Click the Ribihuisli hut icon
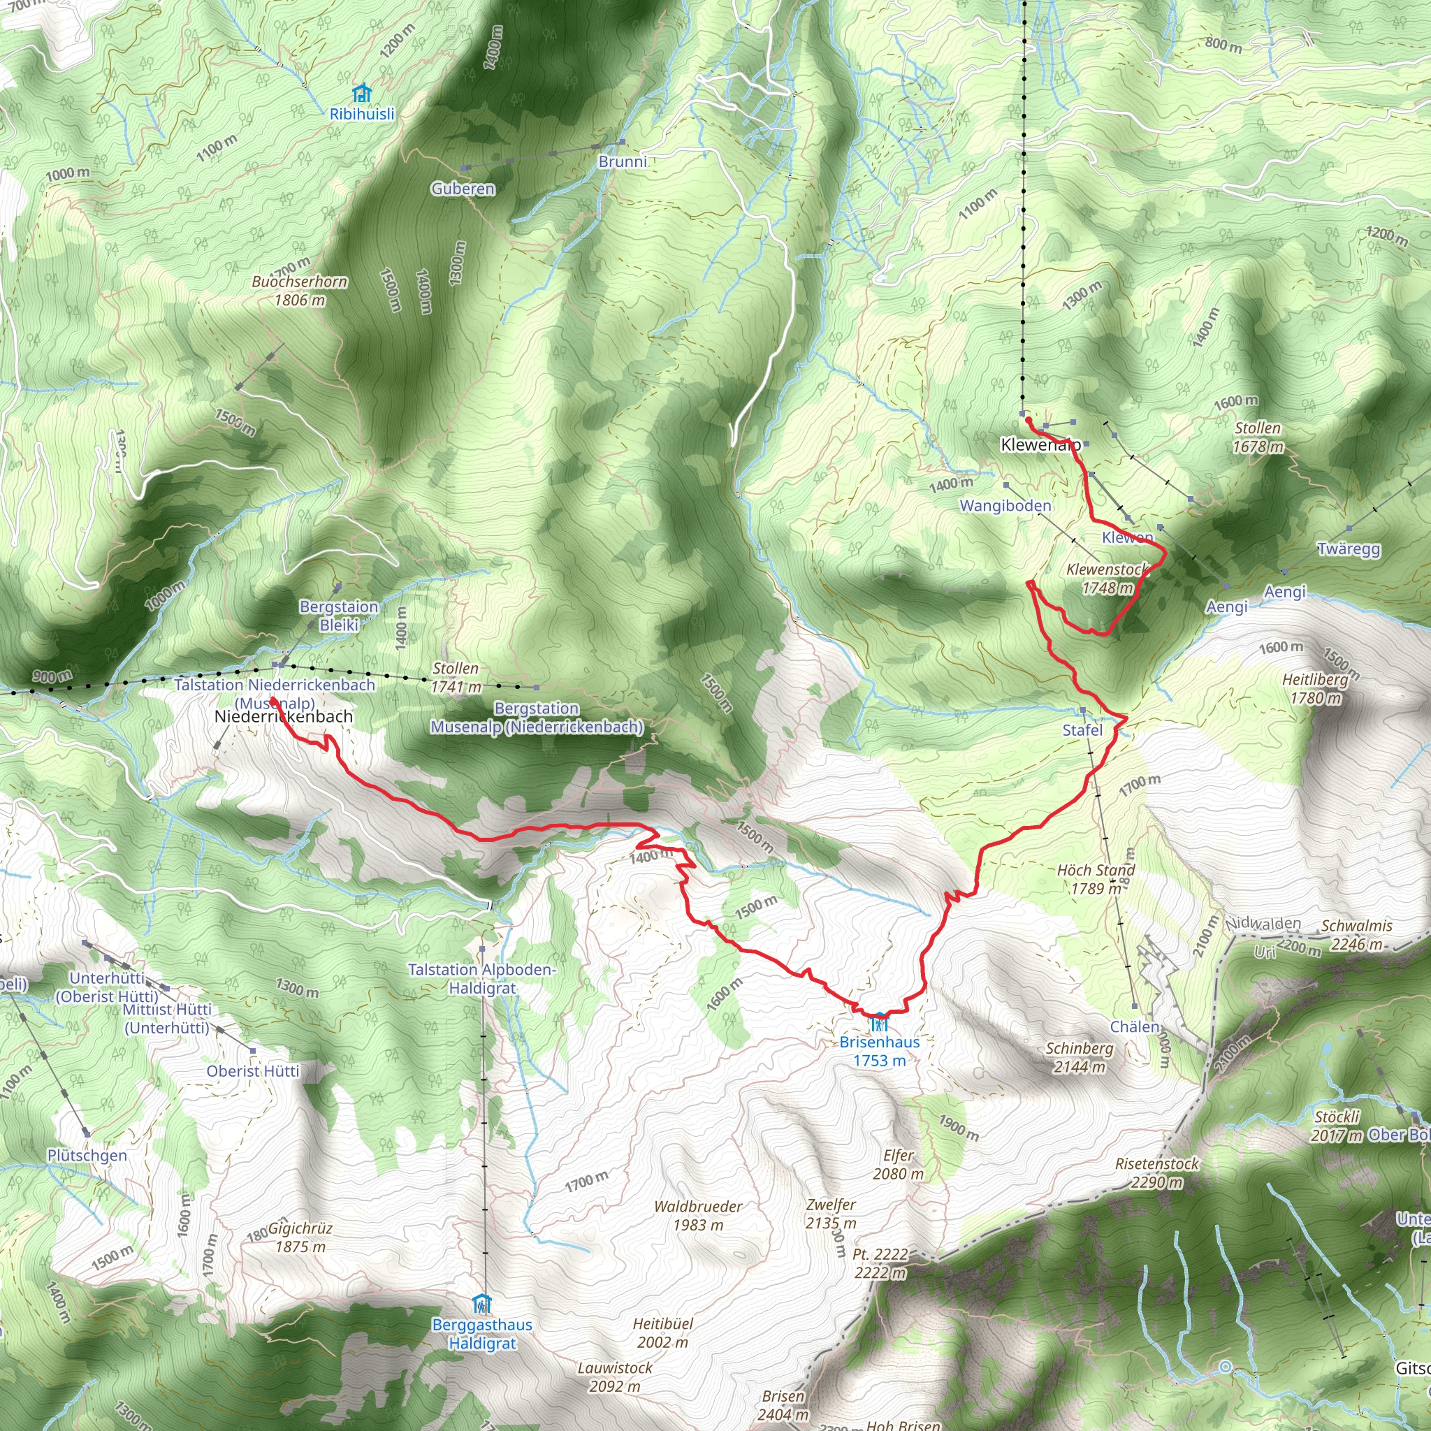pyautogui.click(x=361, y=94)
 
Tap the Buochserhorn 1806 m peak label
pyautogui.click(x=299, y=291)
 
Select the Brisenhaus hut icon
pyautogui.click(x=879, y=1022)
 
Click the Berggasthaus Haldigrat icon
pyautogui.click(x=482, y=1303)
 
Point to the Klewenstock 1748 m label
pyautogui.click(x=1107, y=579)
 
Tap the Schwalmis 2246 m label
pyautogui.click(x=1357, y=935)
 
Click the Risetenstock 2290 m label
pyautogui.click(x=1157, y=1172)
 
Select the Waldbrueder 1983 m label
pyautogui.click(x=698, y=1216)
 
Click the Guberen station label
pyautogui.click(x=463, y=189)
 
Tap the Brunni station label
pyautogui.click(x=622, y=161)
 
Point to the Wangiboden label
pyautogui.click(x=1005, y=506)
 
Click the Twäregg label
pyautogui.click(x=1349, y=549)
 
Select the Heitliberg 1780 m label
pyautogui.click(x=1316, y=688)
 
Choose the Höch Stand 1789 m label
pyautogui.click(x=1096, y=878)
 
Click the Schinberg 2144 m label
pyautogui.click(x=1079, y=1057)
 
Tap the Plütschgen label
pyautogui.click(x=87, y=1156)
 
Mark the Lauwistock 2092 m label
pyautogui.click(x=615, y=1377)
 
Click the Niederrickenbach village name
pyautogui.click(x=283, y=717)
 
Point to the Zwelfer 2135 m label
pyautogui.click(x=831, y=1214)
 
